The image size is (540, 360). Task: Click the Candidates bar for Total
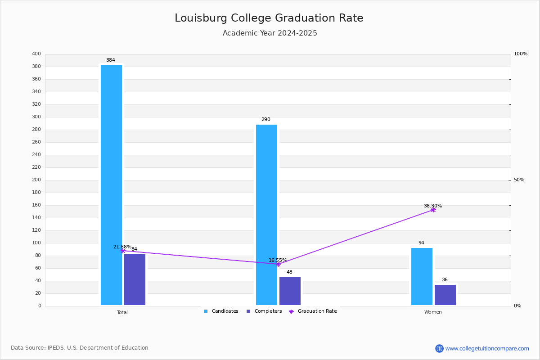(x=111, y=185)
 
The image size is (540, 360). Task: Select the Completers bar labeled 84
(x=135, y=279)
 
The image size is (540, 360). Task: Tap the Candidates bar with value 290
(x=266, y=215)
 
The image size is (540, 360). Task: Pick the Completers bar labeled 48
(x=290, y=291)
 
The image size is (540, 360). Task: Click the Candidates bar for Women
(x=422, y=276)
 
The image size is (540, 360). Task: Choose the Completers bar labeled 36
(x=445, y=295)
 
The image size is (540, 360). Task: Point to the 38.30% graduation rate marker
(x=433, y=210)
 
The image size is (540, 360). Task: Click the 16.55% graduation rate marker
(x=278, y=265)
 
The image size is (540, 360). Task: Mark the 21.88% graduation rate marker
(x=123, y=251)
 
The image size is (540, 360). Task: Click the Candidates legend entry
(x=221, y=311)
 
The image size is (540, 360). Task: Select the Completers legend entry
(x=264, y=311)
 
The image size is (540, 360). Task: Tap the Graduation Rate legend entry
(x=313, y=311)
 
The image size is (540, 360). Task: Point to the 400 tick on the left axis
(x=36, y=54)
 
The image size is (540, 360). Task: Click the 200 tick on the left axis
(x=36, y=180)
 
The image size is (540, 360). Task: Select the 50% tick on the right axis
(x=519, y=180)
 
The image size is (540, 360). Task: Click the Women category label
(x=433, y=312)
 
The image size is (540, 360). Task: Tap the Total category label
(x=122, y=312)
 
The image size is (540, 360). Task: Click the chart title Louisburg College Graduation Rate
(x=269, y=18)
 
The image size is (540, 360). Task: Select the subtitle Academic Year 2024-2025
(x=270, y=33)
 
